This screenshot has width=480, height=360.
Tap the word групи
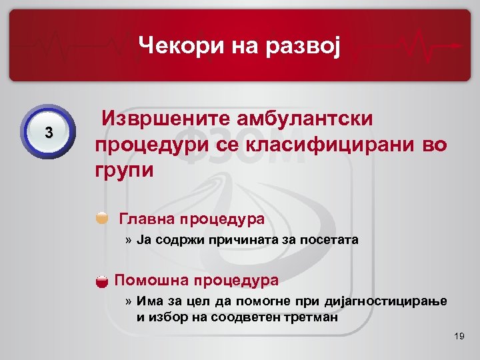124,169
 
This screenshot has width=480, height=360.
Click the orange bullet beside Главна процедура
102,217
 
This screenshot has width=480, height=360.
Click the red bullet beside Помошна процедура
102,280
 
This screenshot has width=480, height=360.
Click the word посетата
331,240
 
